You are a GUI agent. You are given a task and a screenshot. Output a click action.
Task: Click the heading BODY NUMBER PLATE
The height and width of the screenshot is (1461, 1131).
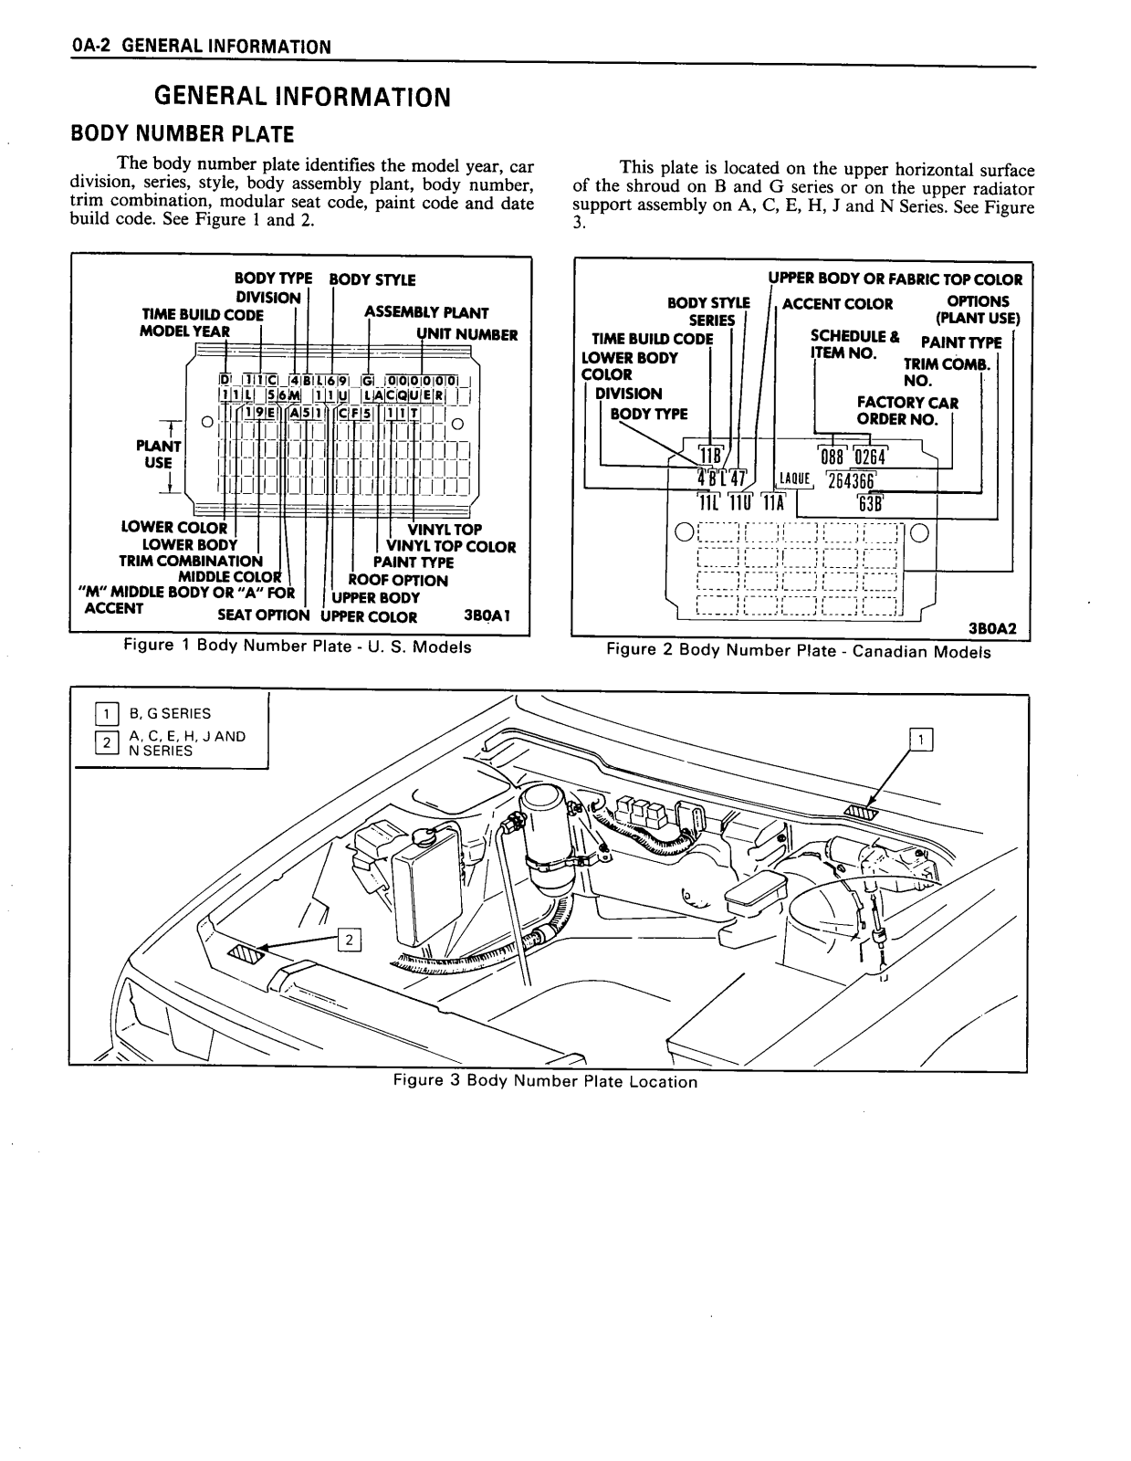183,134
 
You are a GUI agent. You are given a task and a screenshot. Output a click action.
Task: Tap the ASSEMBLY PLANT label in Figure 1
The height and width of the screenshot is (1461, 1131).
426,312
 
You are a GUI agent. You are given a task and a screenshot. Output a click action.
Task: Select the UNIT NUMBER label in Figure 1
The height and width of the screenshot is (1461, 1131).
467,334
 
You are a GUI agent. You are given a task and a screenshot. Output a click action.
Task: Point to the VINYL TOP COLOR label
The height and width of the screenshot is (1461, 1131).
451,546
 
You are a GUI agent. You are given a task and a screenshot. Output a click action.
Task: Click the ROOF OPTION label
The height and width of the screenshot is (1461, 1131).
398,580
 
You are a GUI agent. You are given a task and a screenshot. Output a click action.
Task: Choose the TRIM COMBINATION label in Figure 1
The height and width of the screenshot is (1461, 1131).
191,561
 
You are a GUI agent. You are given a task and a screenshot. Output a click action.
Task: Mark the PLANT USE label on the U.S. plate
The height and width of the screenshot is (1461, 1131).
159,454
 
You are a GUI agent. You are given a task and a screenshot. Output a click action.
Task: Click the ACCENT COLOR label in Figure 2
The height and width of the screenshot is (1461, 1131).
838,303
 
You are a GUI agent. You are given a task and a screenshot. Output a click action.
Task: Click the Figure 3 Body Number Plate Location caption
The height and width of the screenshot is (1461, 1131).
545,1081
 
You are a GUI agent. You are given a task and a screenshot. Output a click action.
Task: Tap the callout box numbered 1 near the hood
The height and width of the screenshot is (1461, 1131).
923,740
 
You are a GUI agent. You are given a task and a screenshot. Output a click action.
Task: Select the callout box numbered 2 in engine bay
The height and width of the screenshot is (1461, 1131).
350,939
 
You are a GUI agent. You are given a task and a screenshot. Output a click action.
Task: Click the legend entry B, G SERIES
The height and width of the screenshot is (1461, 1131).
170,713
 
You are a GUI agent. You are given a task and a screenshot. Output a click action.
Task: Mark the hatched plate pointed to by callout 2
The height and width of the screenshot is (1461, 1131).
245,954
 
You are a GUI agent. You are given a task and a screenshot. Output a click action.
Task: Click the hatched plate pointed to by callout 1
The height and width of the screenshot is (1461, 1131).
861,812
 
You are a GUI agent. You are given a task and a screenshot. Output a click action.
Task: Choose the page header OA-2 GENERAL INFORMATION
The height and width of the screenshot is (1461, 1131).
201,47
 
